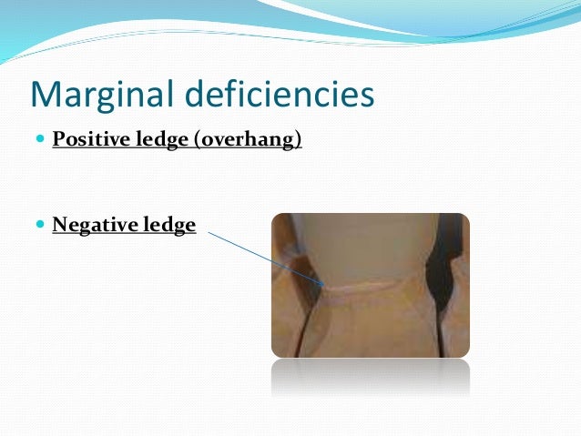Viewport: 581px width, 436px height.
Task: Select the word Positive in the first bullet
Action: pyautogui.click(x=87, y=141)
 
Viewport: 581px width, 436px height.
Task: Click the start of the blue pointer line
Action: pyautogui.click(x=209, y=231)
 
